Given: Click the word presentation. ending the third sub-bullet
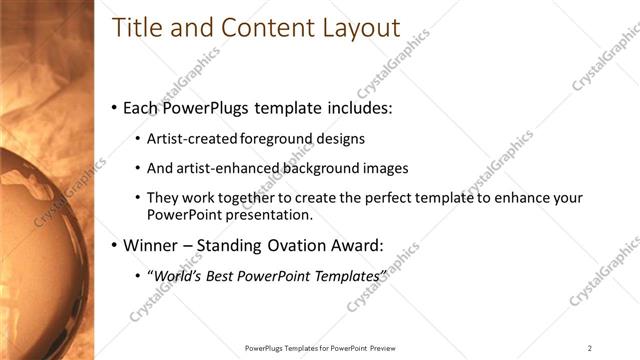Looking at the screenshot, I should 269,214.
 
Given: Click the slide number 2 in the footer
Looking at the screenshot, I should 590,348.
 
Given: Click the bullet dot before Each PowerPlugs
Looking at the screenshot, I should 114,108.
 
